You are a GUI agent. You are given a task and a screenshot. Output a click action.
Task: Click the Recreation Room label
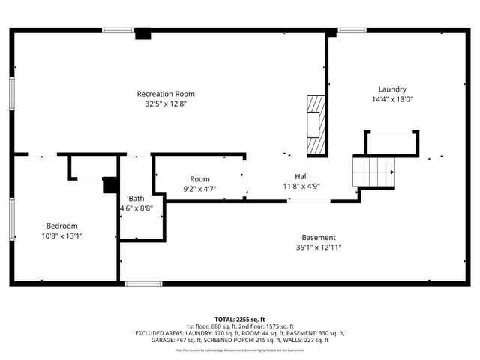[166, 94]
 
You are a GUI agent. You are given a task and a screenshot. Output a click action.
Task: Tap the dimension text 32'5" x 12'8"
[166, 104]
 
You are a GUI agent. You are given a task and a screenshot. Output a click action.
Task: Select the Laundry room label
[392, 88]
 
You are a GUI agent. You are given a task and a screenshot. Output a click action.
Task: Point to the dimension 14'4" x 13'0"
[392, 99]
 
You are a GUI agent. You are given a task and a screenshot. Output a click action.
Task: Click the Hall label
[301, 175]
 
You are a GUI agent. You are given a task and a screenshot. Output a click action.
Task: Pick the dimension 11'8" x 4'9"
[301, 186]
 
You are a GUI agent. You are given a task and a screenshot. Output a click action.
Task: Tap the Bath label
[136, 199]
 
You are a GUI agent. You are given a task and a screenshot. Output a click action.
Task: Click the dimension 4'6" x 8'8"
[136, 209]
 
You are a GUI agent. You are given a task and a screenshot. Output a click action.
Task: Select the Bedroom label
[62, 226]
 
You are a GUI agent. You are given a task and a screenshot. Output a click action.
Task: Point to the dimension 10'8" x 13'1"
[62, 236]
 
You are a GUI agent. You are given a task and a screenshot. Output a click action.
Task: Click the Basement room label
[319, 237]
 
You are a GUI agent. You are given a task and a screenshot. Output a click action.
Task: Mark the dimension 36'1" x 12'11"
[319, 247]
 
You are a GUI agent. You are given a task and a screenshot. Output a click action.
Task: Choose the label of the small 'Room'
[199, 179]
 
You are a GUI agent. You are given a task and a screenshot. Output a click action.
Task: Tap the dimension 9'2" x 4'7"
[199, 190]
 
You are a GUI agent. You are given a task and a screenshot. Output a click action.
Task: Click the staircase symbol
[373, 171]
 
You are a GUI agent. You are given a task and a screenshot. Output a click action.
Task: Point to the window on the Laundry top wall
[352, 30]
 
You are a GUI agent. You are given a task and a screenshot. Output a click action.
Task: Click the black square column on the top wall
[141, 34]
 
